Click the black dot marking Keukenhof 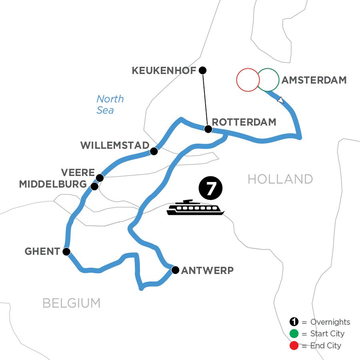(203, 70)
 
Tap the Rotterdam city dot (208, 129)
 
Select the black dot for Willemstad (153, 151)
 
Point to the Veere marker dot (100, 177)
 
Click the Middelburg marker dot (94, 186)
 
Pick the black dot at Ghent (66, 252)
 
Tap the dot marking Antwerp (175, 270)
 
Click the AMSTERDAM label (314, 80)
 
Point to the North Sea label (109, 104)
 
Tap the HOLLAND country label (280, 179)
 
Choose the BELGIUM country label (72, 303)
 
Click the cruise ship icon (196, 208)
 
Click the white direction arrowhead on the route (281, 100)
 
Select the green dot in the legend (294, 334)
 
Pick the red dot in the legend (294, 345)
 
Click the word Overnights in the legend (330, 322)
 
